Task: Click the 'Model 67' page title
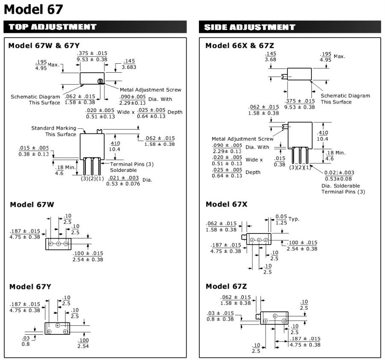click(x=33, y=9)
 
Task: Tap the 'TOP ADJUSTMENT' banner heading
click(x=53, y=27)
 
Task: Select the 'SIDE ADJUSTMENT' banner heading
click(x=250, y=27)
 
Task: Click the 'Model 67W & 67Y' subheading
click(x=44, y=45)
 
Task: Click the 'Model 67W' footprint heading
click(x=32, y=205)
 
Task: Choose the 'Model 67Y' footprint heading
click(x=32, y=286)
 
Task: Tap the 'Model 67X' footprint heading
click(x=226, y=204)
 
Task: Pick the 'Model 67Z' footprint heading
click(x=226, y=286)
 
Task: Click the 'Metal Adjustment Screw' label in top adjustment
click(x=150, y=90)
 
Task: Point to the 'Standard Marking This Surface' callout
click(x=54, y=131)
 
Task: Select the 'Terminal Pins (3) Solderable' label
click(x=132, y=167)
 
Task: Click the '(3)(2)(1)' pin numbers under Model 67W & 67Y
click(x=92, y=179)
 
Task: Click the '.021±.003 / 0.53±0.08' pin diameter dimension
click(x=339, y=176)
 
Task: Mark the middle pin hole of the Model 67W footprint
click(x=58, y=244)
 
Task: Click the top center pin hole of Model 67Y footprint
click(x=58, y=325)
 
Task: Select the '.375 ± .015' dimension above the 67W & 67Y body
click(x=92, y=53)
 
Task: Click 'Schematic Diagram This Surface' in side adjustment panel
click(x=345, y=99)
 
